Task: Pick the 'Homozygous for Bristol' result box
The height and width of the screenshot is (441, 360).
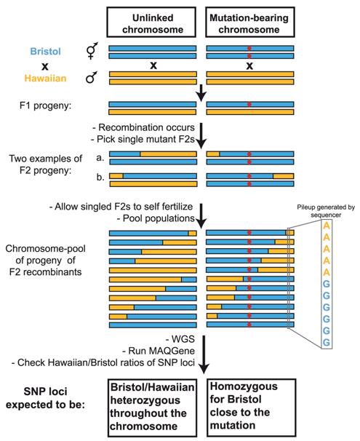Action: (x=251, y=401)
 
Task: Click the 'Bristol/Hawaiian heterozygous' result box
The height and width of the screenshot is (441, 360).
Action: (x=153, y=401)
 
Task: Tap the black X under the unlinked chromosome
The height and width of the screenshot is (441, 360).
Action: (x=153, y=65)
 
